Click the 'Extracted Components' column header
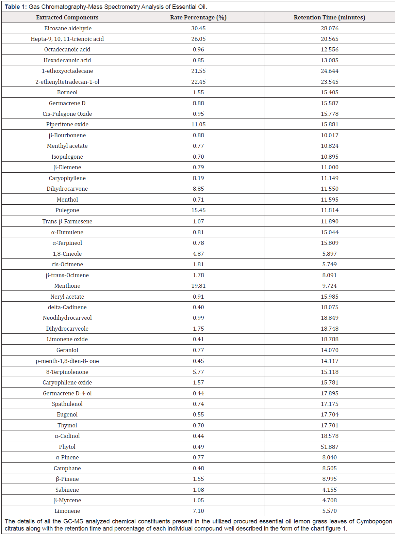pos(67,17)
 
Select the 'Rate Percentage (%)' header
pos(198,17)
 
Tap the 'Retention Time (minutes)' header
pos(329,17)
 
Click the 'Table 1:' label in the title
pos(16,7)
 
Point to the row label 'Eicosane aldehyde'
pos(68,28)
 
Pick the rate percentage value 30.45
pos(198,28)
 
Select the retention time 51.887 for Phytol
pos(329,447)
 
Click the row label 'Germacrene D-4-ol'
pos(67,393)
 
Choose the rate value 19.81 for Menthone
pos(198,286)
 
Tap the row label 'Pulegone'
pos(67,210)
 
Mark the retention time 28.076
pos(329,28)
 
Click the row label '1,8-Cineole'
pos(67,254)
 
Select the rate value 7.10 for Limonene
pos(198,511)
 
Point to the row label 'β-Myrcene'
pos(67,500)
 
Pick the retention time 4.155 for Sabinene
pos(329,490)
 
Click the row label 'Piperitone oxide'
pos(67,124)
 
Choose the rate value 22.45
pos(198,82)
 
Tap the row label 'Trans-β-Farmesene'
pos(67,221)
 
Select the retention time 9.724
pos(329,286)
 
